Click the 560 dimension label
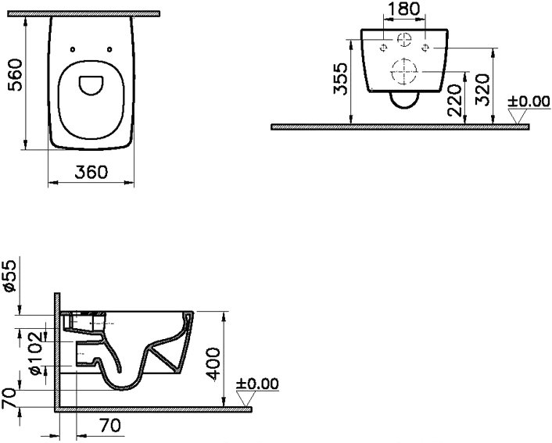[15, 75]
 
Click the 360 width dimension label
[91, 172]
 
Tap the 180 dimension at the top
[403, 9]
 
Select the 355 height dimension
[340, 79]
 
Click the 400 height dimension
[213, 364]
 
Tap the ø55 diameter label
[10, 277]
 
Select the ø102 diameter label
[36, 354]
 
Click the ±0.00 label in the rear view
[529, 102]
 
